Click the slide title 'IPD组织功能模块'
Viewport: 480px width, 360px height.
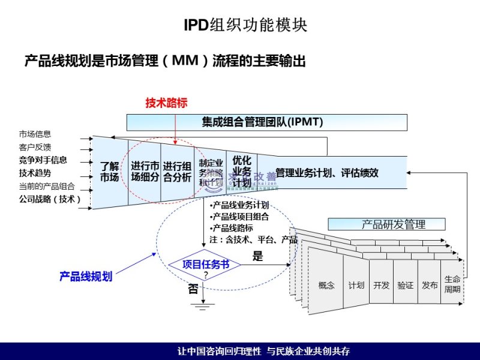pos(245,26)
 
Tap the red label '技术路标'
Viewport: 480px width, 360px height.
pos(166,103)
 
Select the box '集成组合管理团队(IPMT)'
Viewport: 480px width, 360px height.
pos(262,122)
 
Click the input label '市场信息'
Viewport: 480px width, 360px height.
pos(35,134)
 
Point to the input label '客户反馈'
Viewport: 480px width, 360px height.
pos(35,147)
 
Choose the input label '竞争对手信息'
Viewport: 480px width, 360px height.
pos(43,160)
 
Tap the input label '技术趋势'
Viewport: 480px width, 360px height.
pos(35,173)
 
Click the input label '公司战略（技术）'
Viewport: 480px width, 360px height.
pos(49,199)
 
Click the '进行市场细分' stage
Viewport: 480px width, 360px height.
pos(145,172)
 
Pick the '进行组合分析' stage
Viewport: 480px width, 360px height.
pos(178,172)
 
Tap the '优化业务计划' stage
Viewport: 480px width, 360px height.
pos(241,171)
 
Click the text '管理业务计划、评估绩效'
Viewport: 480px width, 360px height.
pos(327,173)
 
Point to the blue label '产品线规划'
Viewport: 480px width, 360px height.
pos(86,277)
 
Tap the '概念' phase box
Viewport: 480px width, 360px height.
pos(326,285)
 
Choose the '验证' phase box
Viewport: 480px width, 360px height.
pos(405,285)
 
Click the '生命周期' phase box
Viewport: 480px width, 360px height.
pos(452,284)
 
